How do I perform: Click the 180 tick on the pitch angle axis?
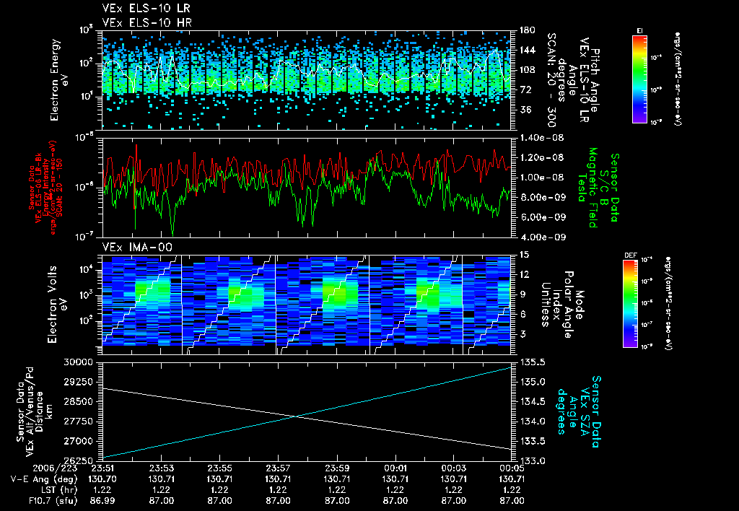pos(525,30)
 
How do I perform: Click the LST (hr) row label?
pos(35,489)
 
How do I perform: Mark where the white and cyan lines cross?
pos(294,416)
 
